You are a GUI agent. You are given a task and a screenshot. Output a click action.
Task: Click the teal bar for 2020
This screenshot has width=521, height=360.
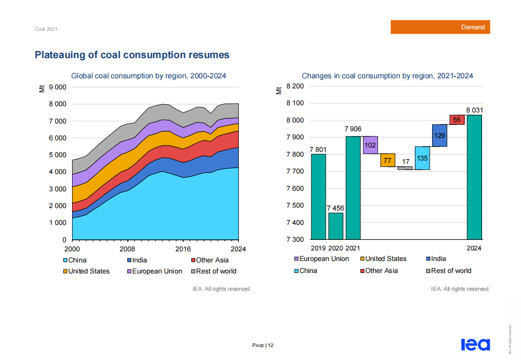335,226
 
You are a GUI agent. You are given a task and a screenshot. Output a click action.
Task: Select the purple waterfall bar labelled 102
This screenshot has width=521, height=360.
370,145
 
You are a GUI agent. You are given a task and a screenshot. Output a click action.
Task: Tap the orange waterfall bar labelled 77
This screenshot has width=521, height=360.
387,160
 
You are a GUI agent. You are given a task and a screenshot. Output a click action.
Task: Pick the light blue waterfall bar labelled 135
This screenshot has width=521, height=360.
422,158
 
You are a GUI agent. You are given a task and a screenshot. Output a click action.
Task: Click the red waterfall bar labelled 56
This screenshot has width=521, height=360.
457,120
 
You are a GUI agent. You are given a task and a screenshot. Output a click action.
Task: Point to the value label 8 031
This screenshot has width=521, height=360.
474,110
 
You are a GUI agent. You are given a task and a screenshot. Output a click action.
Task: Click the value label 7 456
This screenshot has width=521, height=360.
335,208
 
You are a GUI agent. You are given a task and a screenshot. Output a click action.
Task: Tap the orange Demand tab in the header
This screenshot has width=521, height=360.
440,27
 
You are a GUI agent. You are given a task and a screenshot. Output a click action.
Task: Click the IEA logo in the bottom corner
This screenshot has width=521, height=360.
475,345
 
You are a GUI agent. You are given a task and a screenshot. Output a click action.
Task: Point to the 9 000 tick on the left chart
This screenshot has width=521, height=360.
58,87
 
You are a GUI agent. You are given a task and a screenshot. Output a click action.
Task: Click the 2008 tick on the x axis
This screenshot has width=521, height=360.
127,249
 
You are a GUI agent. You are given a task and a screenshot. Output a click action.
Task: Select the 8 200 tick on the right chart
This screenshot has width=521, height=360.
295,87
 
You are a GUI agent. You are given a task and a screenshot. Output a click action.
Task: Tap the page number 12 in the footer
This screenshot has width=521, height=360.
271,345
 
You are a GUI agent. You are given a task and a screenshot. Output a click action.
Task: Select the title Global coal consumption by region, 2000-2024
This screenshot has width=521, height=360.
149,76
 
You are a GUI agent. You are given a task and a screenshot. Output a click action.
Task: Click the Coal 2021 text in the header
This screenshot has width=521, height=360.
46,29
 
